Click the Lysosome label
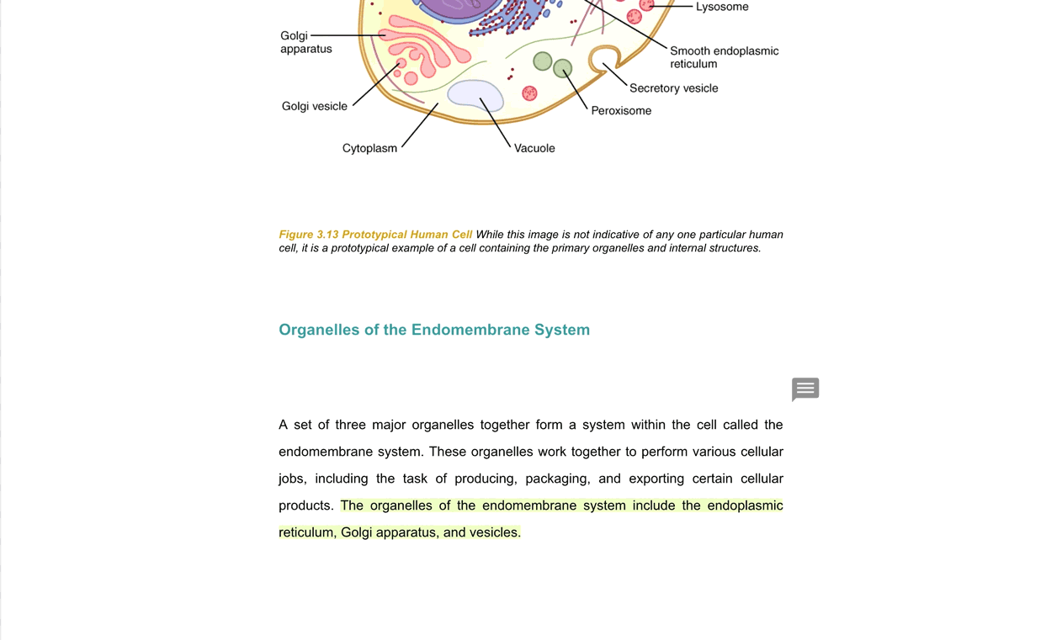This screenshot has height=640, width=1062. click(721, 7)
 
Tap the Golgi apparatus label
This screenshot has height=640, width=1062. click(305, 42)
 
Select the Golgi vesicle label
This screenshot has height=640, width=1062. click(314, 106)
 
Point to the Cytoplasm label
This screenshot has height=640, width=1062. click(369, 148)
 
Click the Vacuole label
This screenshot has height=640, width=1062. click(534, 148)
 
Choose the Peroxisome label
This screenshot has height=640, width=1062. click(621, 110)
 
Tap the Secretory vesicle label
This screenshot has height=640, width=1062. click(673, 88)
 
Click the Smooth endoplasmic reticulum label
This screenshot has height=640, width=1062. click(724, 57)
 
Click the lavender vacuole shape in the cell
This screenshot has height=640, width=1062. click(475, 94)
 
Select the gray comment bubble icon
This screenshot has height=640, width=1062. click(805, 389)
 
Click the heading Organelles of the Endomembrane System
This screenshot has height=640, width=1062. click(434, 330)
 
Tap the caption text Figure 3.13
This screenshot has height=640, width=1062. click(309, 235)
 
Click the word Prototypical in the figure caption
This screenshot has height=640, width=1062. click(374, 235)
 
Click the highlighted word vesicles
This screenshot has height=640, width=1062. click(495, 532)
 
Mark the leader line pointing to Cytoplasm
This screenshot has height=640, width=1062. click(420, 125)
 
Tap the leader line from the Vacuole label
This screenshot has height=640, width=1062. click(496, 123)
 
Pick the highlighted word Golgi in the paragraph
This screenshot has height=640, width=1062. click(356, 532)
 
